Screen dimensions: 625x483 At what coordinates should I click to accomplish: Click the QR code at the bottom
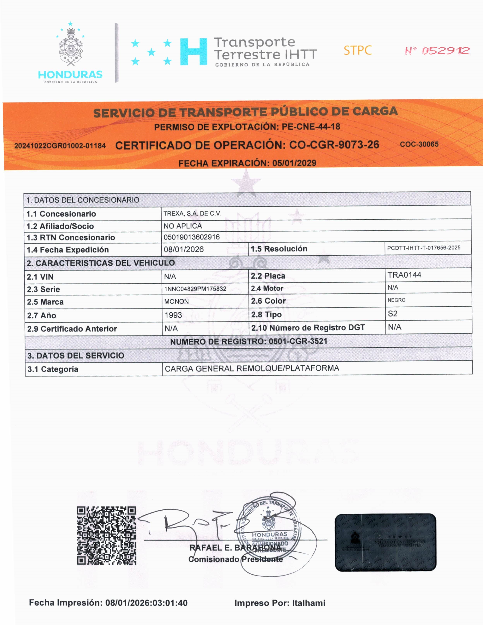pos(106,535)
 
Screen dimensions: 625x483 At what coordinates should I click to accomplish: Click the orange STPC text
pos(358,50)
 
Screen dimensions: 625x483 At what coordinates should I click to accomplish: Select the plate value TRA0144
pos(404,275)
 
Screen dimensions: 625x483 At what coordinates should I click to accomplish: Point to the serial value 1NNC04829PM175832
pos(195,289)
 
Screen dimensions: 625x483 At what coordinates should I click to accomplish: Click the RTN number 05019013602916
pos(192,237)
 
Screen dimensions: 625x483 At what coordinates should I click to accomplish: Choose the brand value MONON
pos(176,301)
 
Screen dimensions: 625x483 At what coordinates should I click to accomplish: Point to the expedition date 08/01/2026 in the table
pos(184,249)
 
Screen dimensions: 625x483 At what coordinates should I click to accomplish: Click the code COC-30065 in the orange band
pos(419,144)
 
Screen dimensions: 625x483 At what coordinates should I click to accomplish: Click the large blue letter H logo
pos(194,52)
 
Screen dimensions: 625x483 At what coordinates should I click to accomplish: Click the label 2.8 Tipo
pos(266,315)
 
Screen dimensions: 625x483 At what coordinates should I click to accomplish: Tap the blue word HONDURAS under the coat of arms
pos(70,75)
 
